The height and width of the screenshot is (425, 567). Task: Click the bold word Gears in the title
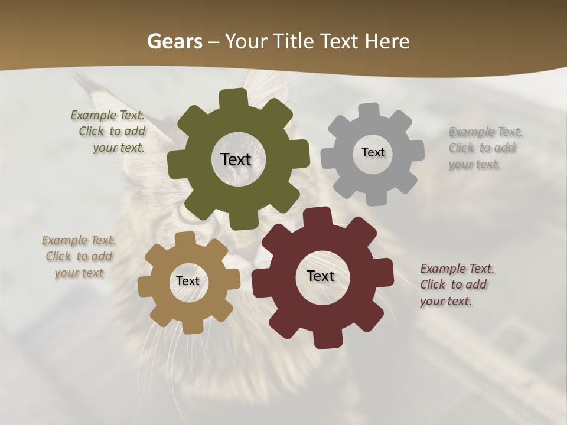click(x=174, y=41)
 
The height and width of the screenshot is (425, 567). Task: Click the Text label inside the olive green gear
click(x=236, y=159)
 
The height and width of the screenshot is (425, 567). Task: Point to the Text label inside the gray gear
click(x=373, y=152)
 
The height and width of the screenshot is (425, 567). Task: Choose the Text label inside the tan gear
click(x=188, y=281)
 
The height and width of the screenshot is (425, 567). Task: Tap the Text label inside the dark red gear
click(x=321, y=276)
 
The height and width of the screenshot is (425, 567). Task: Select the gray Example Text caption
click(x=484, y=148)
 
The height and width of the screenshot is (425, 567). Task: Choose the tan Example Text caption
click(x=79, y=256)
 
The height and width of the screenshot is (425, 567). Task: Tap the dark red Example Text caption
click(x=456, y=285)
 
